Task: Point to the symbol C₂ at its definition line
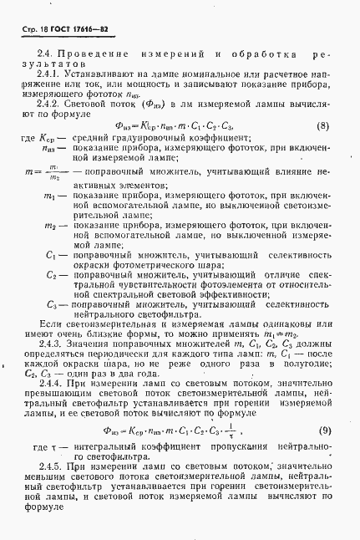[53, 273]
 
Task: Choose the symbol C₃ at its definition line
[53, 304]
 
